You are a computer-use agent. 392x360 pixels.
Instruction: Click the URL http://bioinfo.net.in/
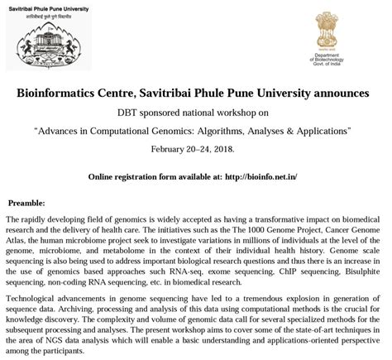click(266, 176)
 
